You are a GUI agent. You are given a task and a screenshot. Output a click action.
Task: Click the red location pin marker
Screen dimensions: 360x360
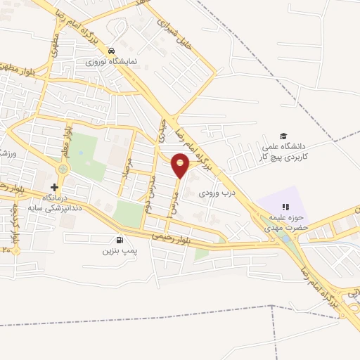181,165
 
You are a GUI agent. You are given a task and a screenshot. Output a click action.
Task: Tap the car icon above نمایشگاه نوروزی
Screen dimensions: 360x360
112,51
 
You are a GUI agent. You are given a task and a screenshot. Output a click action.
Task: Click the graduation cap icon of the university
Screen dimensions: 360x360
283,136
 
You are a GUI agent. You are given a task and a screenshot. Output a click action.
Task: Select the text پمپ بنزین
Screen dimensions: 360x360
117,250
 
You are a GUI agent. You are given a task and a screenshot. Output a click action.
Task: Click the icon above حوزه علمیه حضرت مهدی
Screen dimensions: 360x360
285,207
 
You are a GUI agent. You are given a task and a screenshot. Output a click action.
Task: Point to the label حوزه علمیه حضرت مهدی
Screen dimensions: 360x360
285,223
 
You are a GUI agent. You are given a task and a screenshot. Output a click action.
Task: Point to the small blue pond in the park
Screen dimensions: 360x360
283,239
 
